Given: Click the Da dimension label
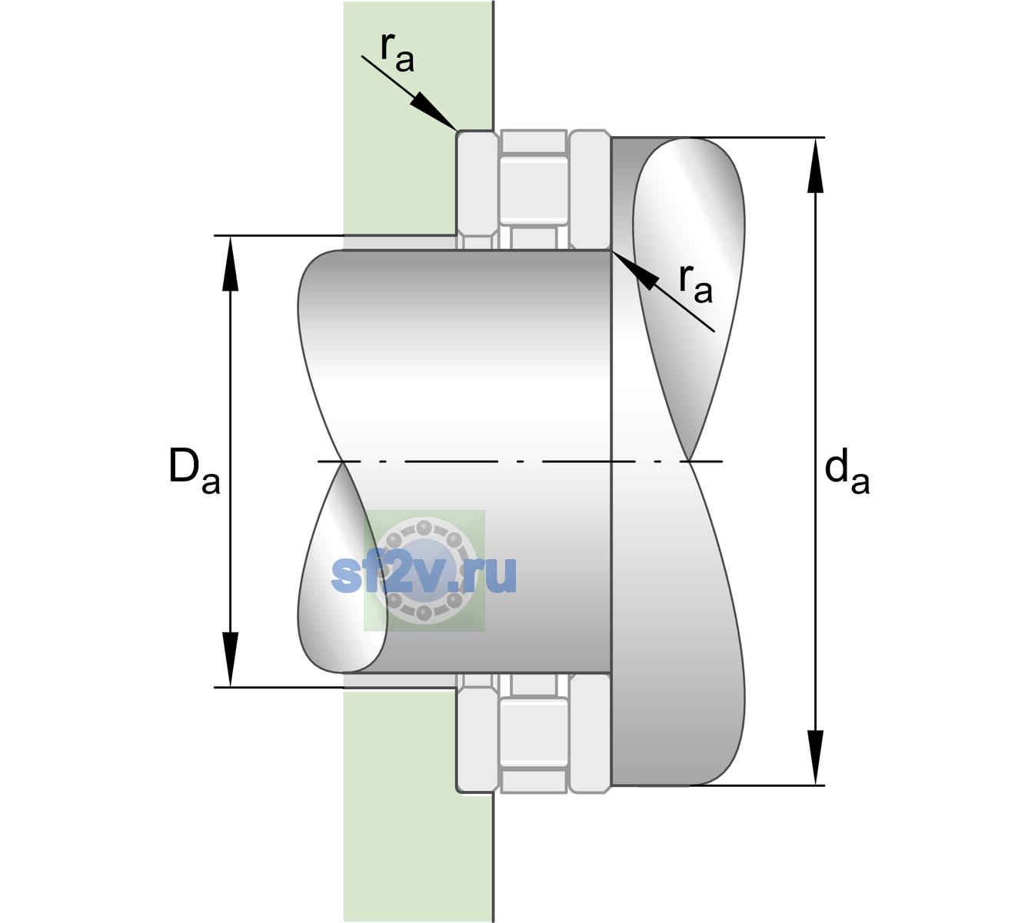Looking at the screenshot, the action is (194, 471).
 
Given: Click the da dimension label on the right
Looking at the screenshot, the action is (847, 471).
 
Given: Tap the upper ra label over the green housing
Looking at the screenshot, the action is (397, 52).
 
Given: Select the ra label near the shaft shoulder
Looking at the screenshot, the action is (695, 284).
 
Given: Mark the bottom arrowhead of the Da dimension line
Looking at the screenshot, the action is (231, 659).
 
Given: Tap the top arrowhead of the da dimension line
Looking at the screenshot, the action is (815, 165).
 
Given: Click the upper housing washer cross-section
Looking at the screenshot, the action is (478, 190).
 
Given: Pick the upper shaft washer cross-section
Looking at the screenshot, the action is (590, 190).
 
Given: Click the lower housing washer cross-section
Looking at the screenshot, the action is (478, 733).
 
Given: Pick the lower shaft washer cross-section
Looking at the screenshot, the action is (590, 733).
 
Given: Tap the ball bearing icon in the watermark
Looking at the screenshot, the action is (424, 571).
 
